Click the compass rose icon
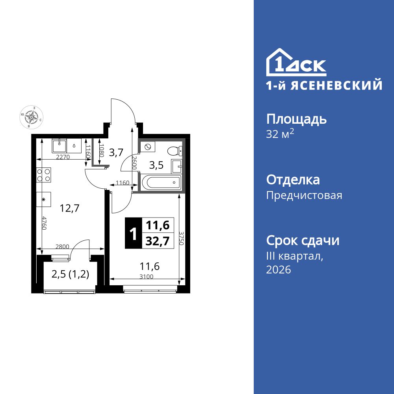(31, 117)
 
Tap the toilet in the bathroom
(174, 151)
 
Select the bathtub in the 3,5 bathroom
(160, 183)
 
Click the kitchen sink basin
(59, 145)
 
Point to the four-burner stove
(44, 175)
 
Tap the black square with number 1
(134, 233)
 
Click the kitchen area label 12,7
(69, 208)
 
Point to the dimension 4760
(45, 223)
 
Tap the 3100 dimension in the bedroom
(146, 277)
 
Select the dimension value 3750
(181, 238)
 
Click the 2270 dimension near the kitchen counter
(63, 157)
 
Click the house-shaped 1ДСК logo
(296, 63)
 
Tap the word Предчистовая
(304, 195)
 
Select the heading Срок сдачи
(303, 240)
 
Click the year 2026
(279, 270)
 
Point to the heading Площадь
(296, 119)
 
